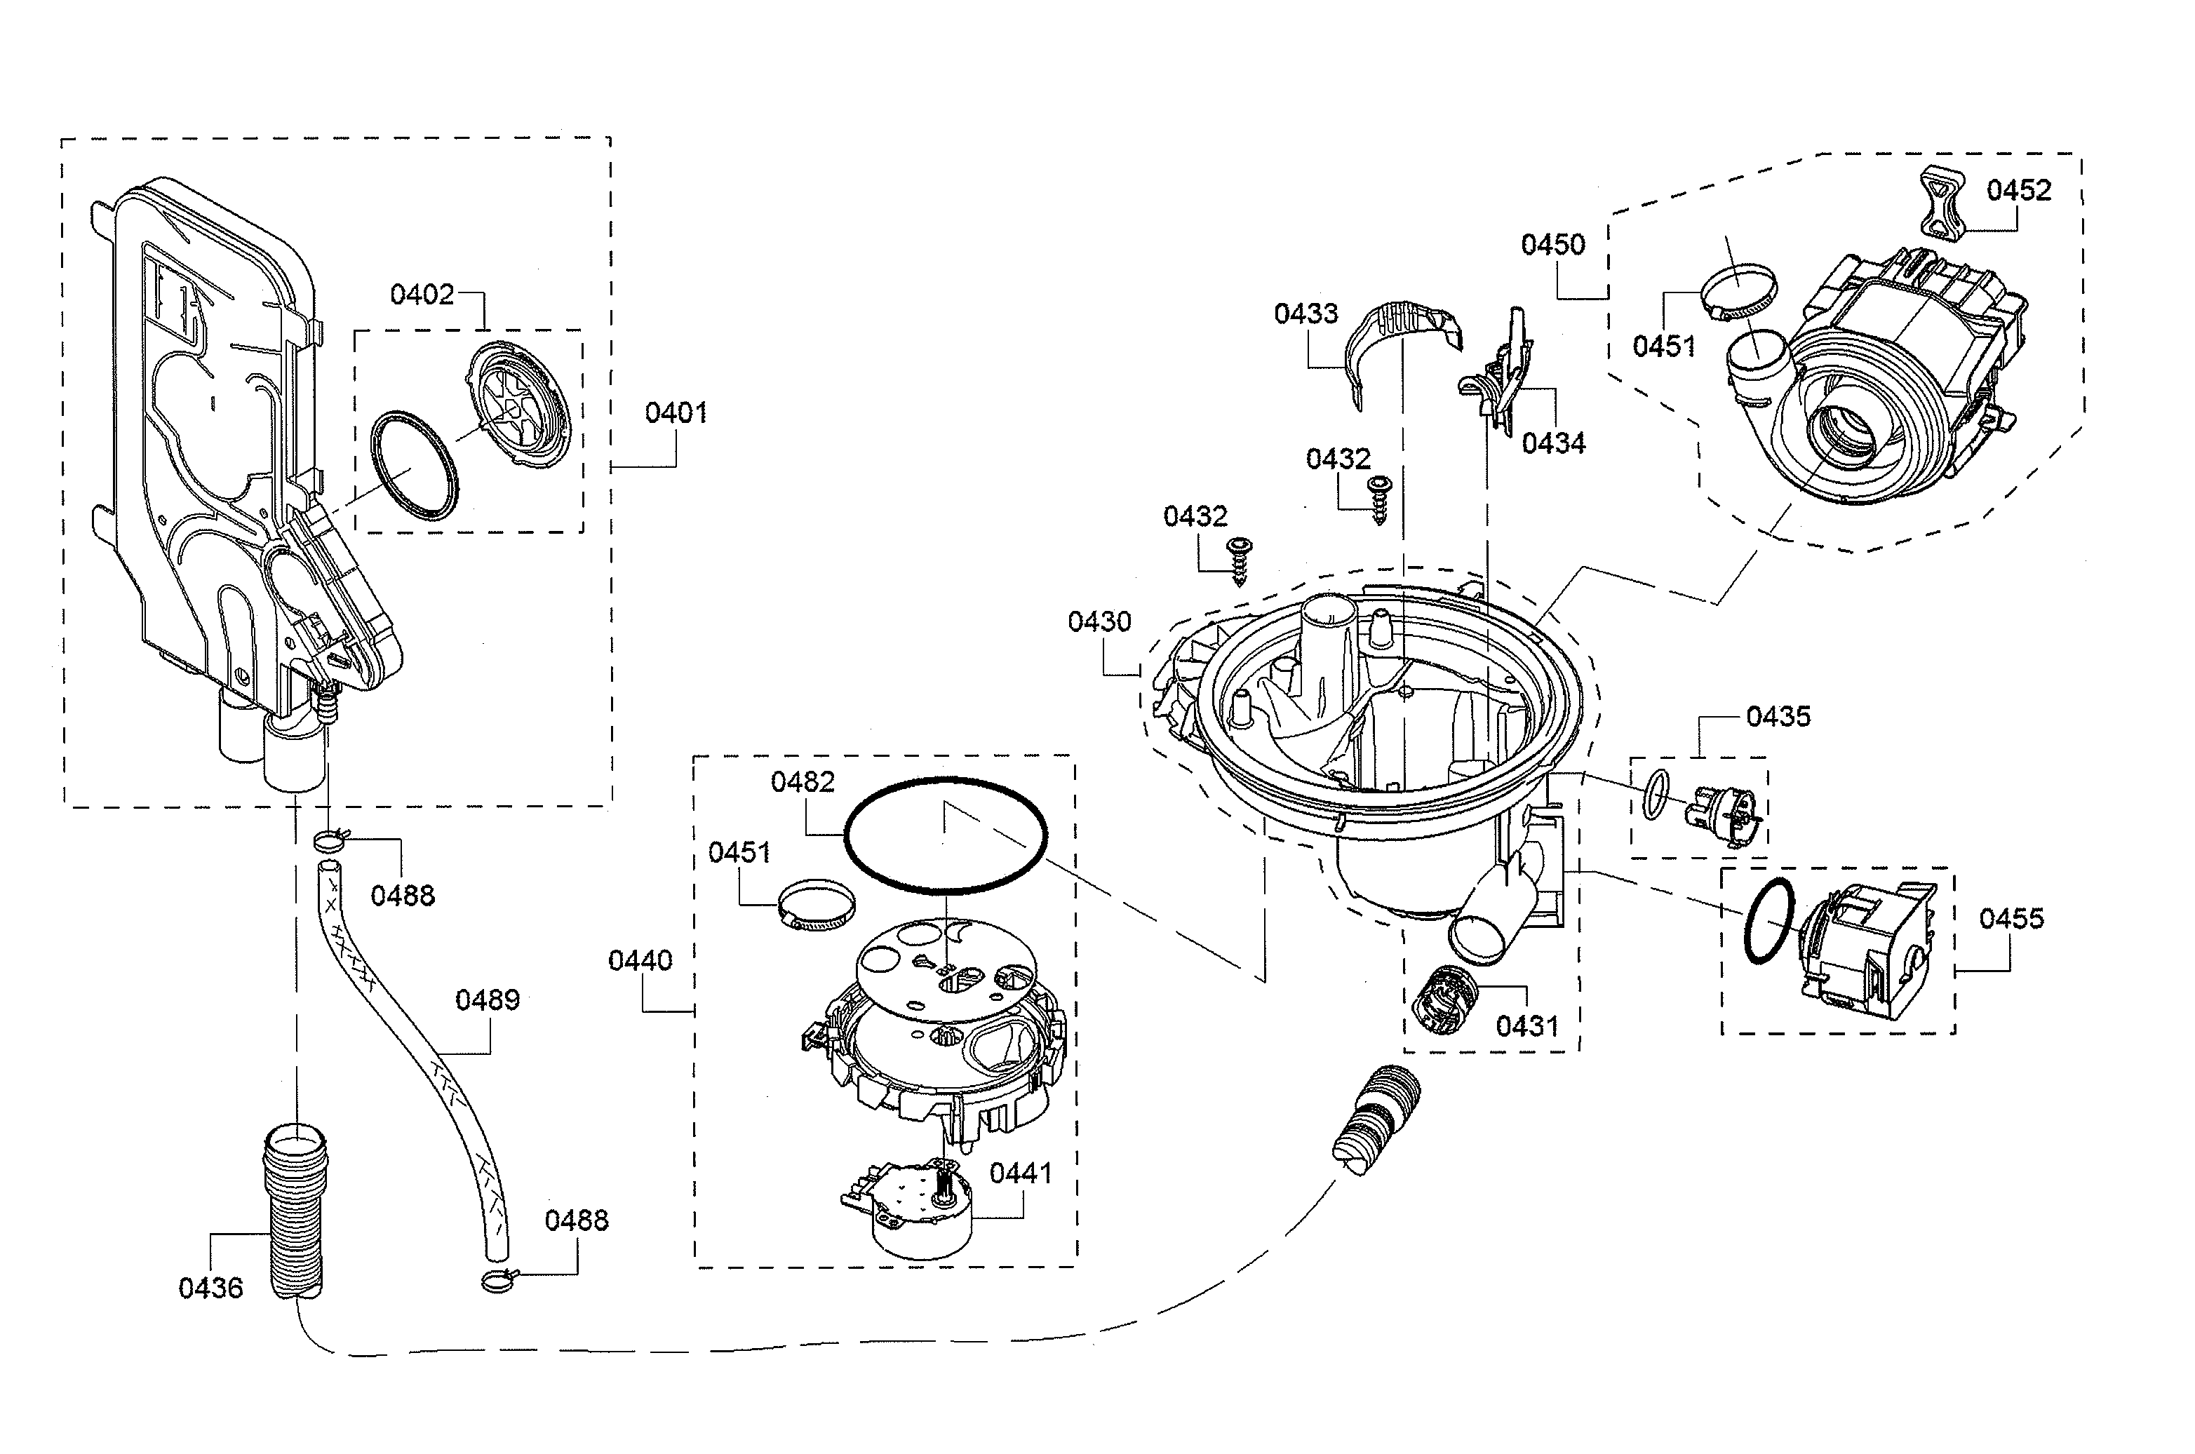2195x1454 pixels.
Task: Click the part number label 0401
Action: (x=676, y=412)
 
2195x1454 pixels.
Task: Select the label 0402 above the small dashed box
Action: (x=422, y=295)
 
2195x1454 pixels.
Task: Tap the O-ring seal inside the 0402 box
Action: (x=414, y=466)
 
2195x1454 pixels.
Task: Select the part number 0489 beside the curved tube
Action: (x=487, y=999)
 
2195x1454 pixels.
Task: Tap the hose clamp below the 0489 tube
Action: (x=498, y=1281)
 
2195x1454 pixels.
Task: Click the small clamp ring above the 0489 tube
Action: (x=328, y=840)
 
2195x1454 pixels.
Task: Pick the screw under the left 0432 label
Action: (x=1238, y=561)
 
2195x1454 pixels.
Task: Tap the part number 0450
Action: (x=1553, y=245)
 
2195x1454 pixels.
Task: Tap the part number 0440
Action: (x=640, y=961)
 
